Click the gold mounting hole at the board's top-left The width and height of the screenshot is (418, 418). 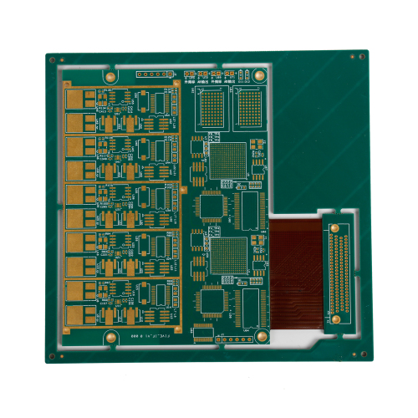coord(110,74)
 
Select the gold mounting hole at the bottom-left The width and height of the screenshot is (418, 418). coord(110,337)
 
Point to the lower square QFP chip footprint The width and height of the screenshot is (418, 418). coord(214,301)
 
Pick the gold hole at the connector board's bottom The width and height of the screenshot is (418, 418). coord(334,319)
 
